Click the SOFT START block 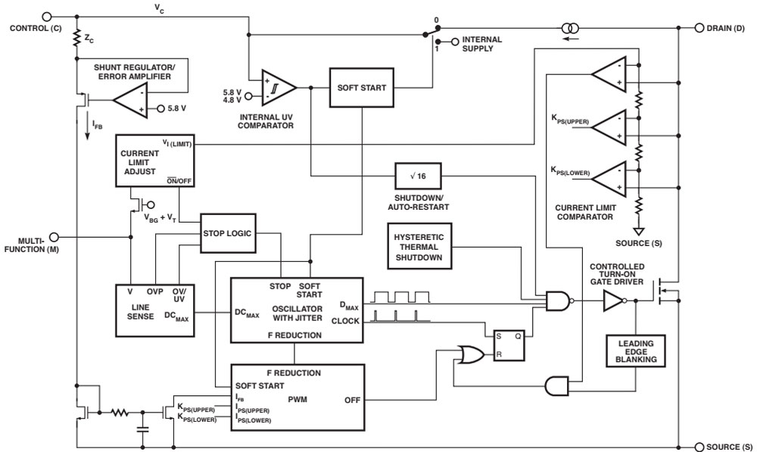point(362,88)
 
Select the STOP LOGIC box point(226,233)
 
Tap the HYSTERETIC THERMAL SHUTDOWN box point(418,246)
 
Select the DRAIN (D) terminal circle point(699,27)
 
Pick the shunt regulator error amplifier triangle point(129,100)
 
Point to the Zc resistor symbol point(76,37)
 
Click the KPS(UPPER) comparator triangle point(615,128)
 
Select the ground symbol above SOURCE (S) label point(639,231)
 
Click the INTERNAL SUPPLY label point(481,44)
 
